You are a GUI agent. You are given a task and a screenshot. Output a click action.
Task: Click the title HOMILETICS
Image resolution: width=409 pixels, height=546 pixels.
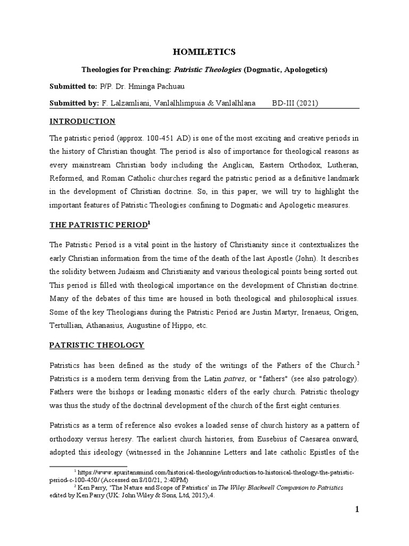pyautogui.click(x=204, y=52)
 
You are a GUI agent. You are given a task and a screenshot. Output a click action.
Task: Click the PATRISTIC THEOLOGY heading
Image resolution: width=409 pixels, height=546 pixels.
pyautogui.click(x=96, y=345)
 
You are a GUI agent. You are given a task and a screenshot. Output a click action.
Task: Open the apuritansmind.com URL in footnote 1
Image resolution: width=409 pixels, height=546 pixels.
pyautogui.click(x=213, y=473)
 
